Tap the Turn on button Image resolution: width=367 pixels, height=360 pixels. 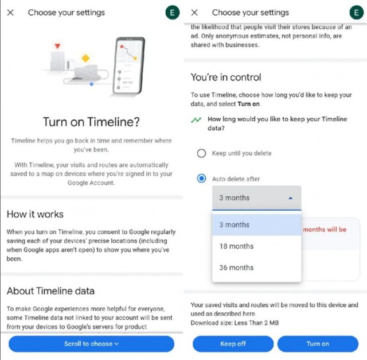(x=318, y=344)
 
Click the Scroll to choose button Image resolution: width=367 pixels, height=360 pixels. (x=92, y=344)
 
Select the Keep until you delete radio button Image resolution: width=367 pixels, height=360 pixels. (x=201, y=153)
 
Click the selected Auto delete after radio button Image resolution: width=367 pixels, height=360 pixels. (x=201, y=179)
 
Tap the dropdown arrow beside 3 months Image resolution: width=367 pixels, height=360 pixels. (x=291, y=198)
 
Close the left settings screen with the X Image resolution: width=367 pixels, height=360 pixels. (x=10, y=13)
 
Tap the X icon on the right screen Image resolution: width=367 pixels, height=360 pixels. (x=194, y=13)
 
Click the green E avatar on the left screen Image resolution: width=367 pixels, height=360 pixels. (x=173, y=13)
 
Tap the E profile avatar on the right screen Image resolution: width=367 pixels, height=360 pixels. (x=357, y=13)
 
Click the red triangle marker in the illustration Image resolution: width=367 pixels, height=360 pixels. (x=57, y=46)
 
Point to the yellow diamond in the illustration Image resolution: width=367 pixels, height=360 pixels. (x=85, y=58)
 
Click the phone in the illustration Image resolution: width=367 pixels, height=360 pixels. (x=128, y=66)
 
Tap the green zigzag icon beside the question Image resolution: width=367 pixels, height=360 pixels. (x=196, y=120)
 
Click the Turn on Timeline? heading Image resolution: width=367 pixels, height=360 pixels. (x=92, y=122)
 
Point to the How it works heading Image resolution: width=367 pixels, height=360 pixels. (x=35, y=214)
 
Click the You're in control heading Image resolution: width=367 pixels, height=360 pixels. (x=226, y=78)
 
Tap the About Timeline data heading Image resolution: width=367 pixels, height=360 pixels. (x=50, y=291)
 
